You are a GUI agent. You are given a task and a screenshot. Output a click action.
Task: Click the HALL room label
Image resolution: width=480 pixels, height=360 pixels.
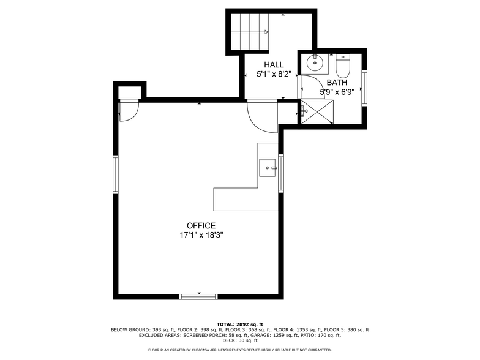[274, 65]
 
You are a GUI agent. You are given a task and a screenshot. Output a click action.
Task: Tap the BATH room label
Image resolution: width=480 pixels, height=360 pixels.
[337, 83]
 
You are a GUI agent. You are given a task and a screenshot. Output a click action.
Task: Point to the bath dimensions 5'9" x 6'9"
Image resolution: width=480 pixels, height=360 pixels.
[337, 92]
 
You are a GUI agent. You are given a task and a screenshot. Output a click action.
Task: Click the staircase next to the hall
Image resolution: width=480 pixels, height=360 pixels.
[250, 32]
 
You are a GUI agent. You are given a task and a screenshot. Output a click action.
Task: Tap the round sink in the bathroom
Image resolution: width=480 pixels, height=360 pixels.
[316, 62]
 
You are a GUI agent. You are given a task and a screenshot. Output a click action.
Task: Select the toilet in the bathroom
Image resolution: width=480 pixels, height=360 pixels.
[342, 64]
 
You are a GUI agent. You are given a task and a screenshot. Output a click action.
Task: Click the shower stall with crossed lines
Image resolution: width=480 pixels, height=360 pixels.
[319, 111]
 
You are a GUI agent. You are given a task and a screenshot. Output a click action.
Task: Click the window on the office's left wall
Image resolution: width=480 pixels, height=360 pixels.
[115, 174]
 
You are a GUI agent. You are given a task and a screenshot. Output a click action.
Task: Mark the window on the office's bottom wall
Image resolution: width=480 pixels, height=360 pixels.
[198, 297]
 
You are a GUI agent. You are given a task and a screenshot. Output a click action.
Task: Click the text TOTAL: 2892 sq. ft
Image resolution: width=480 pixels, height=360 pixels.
[240, 324]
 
